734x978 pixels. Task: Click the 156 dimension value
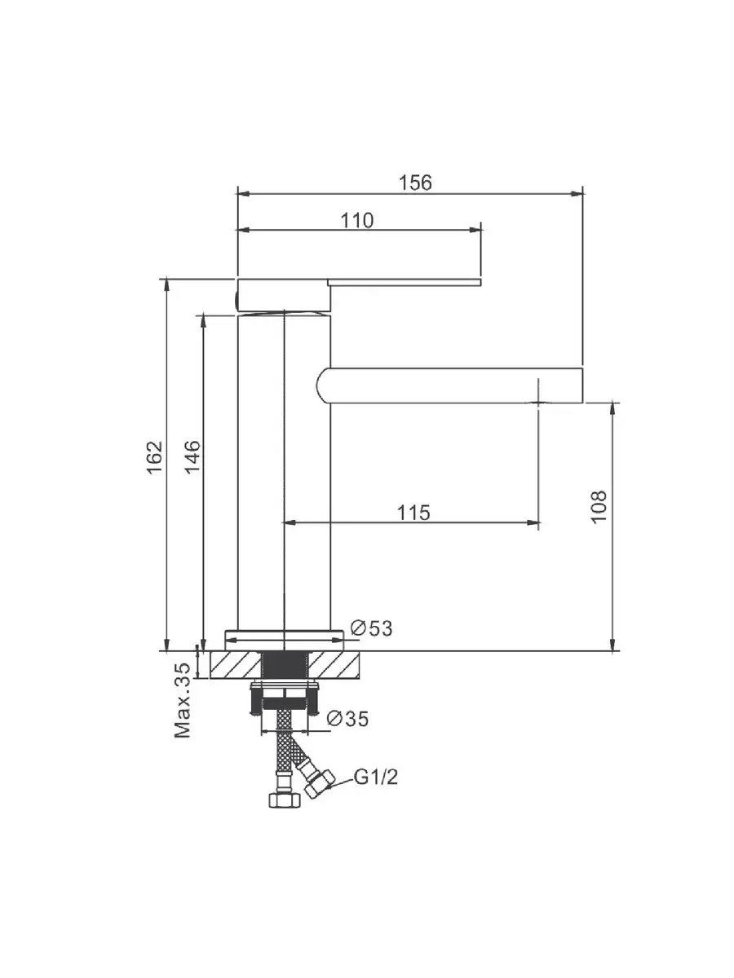click(x=415, y=183)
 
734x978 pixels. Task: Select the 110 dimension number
click(x=357, y=220)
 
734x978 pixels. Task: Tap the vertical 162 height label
click(x=155, y=458)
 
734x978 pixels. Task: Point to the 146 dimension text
click(x=193, y=457)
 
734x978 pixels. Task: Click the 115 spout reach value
click(x=413, y=513)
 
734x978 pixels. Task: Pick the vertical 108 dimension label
click(x=598, y=507)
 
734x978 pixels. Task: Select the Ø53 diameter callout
click(x=371, y=628)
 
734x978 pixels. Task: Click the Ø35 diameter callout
click(x=347, y=719)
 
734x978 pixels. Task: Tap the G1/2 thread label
click(x=376, y=778)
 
